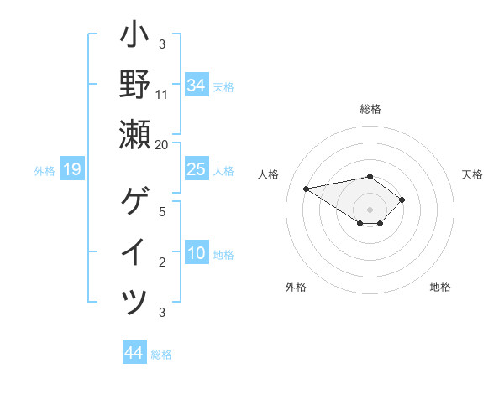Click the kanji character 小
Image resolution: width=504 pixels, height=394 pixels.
pyautogui.click(x=134, y=36)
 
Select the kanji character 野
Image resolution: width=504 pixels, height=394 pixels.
pyautogui.click(x=134, y=85)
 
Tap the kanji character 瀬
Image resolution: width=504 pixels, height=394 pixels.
pyautogui.click(x=134, y=134)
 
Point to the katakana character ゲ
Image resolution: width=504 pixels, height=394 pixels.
pyautogui.click(x=134, y=202)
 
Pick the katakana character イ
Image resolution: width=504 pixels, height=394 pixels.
pyautogui.click(x=134, y=252)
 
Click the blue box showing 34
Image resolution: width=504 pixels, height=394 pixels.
pyautogui.click(x=197, y=86)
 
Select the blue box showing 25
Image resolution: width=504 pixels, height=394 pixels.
pyautogui.click(x=197, y=169)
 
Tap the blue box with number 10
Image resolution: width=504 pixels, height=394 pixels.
pyautogui.click(x=197, y=253)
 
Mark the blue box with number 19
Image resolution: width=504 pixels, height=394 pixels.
pyautogui.click(x=72, y=170)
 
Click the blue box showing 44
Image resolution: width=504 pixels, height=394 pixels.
pyautogui.click(x=134, y=353)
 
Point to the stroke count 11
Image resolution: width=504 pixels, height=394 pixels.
pyautogui.click(x=162, y=94)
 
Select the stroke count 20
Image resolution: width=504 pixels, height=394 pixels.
pyautogui.click(x=162, y=144)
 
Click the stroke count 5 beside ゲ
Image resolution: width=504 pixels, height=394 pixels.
pyautogui.click(x=162, y=211)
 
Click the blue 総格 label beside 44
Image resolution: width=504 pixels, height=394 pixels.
pyautogui.click(x=161, y=355)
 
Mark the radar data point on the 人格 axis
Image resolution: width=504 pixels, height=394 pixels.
pyautogui.click(x=307, y=188)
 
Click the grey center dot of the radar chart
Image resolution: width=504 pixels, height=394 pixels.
pyautogui.click(x=370, y=210)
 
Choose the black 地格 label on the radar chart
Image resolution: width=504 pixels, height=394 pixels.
pyautogui.click(x=440, y=287)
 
